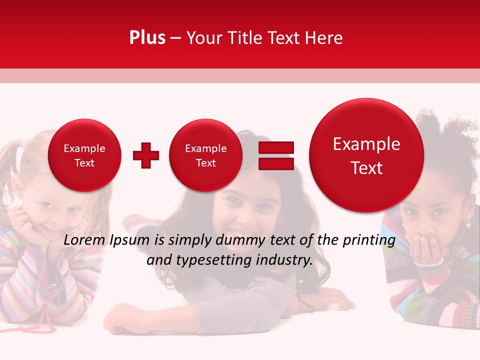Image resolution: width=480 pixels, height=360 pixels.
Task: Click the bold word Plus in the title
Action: pos(147,38)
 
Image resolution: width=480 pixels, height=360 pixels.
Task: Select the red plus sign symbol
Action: pos(146,155)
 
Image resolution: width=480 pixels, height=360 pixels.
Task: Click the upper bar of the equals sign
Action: pos(276,147)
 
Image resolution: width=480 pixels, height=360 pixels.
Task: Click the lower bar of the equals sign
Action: pos(276,163)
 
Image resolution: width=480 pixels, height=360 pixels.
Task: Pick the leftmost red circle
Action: pos(84,155)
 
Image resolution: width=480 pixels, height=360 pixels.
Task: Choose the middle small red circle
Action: pos(206,155)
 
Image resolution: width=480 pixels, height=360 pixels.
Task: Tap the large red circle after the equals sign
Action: pos(366,155)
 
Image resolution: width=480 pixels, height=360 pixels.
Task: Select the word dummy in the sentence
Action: pos(240,240)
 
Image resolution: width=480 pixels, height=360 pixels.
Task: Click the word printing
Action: pos(369,240)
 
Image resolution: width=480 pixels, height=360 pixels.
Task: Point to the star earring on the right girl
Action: pos(468,224)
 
